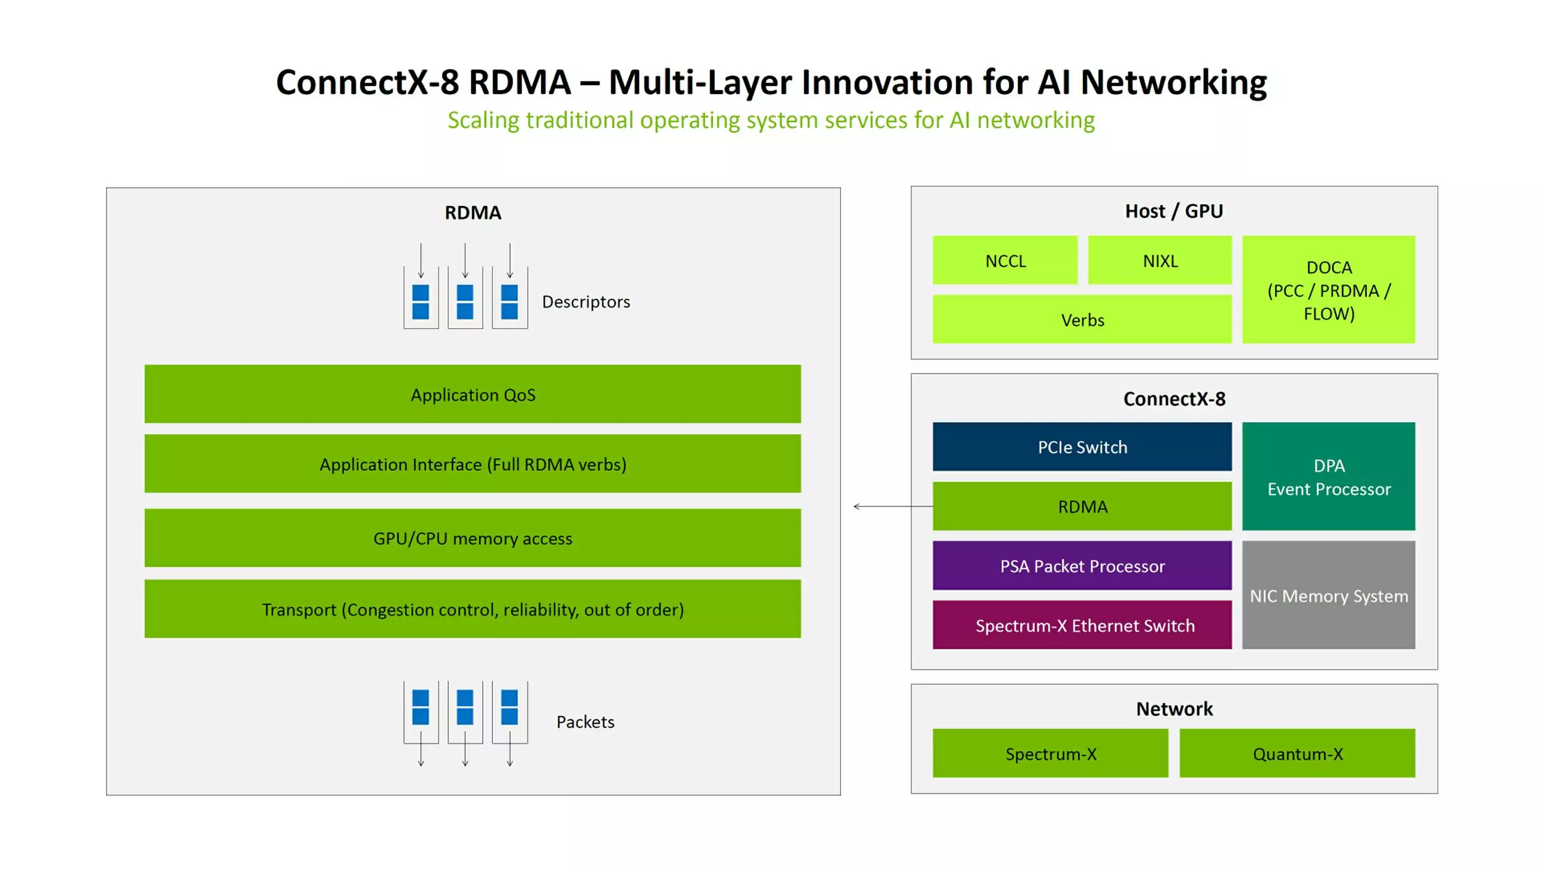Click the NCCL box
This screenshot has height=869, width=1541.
1005,260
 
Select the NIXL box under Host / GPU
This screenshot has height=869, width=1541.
1159,260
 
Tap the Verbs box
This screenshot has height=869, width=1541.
1082,319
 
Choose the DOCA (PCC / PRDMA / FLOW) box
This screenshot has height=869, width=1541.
1328,290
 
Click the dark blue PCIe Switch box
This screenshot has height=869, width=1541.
1082,446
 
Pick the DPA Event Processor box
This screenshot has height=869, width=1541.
1328,477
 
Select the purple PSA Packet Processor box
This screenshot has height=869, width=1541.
1082,566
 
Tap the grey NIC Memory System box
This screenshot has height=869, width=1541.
1328,595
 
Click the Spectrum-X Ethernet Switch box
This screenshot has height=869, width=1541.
1082,625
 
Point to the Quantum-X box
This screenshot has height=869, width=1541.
1297,753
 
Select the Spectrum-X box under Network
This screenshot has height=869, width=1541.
1050,753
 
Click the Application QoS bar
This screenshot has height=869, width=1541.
472,395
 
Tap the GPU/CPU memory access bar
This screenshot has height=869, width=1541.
472,538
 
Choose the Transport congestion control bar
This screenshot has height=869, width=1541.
472,609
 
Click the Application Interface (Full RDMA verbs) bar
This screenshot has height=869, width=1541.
472,464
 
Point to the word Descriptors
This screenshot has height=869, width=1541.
586,302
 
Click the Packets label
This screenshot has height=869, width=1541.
585,722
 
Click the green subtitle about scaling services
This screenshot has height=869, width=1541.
770,120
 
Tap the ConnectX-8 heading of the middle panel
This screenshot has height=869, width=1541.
1174,399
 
